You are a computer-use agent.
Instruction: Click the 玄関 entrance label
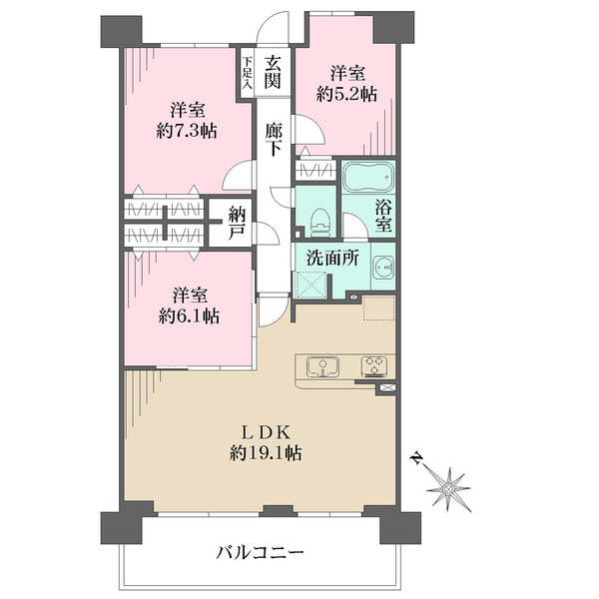pyautogui.click(x=274, y=72)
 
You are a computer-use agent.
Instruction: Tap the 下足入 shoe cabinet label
pyautogui.click(x=248, y=73)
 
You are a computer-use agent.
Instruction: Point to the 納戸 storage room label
pyautogui.click(x=237, y=223)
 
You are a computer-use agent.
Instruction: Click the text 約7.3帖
pyautogui.click(x=187, y=132)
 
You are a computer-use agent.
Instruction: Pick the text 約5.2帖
pyautogui.click(x=346, y=94)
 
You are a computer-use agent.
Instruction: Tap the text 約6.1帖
pyautogui.click(x=189, y=316)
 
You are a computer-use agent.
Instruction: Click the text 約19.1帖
pyautogui.click(x=266, y=453)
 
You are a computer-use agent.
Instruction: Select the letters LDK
pyautogui.click(x=266, y=433)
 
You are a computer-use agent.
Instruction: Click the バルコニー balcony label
pyautogui.click(x=260, y=552)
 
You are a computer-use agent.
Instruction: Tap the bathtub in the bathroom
pyautogui.click(x=367, y=178)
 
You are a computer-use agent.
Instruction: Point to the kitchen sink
pyautogui.click(x=322, y=367)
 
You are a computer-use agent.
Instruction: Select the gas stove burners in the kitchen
pyautogui.click(x=374, y=367)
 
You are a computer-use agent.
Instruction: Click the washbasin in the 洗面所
pyautogui.click(x=383, y=268)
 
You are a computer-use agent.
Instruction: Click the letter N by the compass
pyautogui.click(x=416, y=457)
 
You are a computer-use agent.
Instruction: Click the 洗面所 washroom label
pyautogui.click(x=333, y=259)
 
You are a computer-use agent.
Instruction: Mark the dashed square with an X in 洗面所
pyautogui.click(x=309, y=285)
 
